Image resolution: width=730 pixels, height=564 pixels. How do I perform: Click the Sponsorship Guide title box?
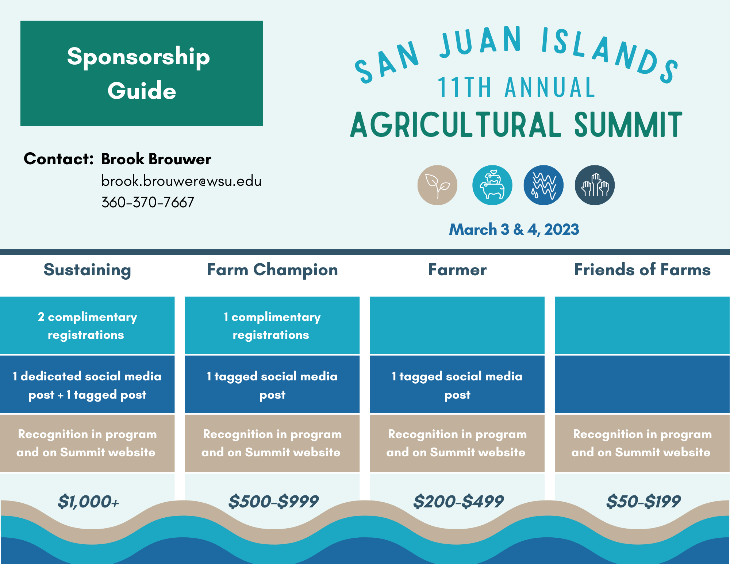142,73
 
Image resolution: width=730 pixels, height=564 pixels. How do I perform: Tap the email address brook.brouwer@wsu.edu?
181,181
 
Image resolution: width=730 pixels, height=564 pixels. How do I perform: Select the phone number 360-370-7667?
148,202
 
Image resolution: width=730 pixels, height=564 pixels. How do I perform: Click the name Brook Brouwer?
156,159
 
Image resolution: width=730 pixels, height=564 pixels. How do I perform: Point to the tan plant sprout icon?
437,185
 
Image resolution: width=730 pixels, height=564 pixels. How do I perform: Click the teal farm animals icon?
492,185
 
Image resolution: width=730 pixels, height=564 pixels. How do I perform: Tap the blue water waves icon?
543,185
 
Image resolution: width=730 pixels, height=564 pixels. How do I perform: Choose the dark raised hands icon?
595,185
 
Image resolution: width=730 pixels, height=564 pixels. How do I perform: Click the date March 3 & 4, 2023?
514,230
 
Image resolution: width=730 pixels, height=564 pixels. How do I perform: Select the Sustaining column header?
87,270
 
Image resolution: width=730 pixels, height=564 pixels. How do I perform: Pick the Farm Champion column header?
272,270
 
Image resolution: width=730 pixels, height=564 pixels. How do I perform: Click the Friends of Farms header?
642,270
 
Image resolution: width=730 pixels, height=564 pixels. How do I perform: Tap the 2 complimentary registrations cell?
87,326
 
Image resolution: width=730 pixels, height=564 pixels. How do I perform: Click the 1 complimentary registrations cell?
272,326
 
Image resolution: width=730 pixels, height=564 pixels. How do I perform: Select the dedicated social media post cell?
87,385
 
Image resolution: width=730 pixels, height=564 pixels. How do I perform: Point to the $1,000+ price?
89,502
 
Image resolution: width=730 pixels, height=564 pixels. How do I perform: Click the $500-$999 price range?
273,502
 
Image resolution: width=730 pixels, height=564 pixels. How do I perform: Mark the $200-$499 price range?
458,502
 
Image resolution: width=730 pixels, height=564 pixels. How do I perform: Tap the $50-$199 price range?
643,502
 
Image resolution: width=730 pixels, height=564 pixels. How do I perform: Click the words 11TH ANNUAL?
516,88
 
